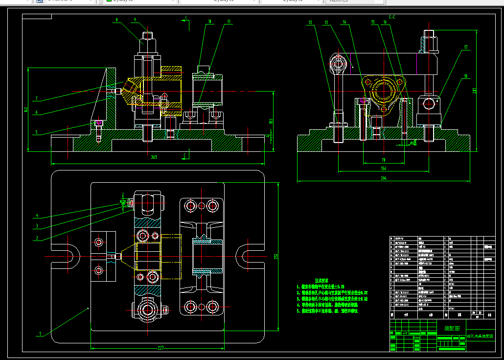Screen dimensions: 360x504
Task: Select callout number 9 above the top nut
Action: point(134,20)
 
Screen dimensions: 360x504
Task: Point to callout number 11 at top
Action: point(229,22)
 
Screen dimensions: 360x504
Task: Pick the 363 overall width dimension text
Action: point(154,157)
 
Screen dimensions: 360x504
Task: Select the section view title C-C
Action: point(392,18)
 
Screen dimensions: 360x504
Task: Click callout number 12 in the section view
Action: point(310,22)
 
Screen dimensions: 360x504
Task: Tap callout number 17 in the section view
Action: point(466,47)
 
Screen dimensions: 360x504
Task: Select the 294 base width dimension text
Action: point(384,178)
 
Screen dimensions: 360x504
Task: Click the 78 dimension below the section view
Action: point(384,160)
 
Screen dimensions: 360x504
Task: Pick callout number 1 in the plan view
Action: point(40,335)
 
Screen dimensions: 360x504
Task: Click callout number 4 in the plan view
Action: point(37,216)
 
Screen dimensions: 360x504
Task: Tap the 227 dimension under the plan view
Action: point(160,348)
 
